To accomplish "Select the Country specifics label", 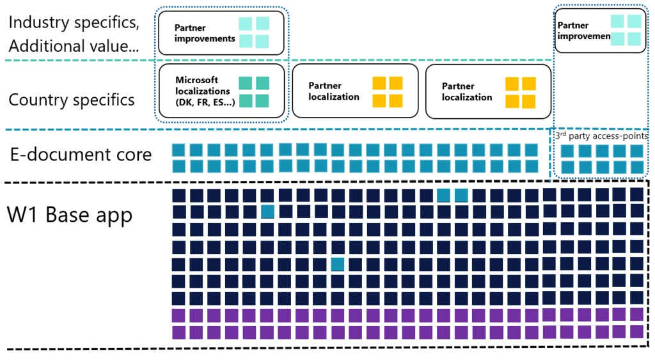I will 72,100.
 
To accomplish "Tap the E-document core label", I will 81,155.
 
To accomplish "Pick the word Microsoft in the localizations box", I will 197,80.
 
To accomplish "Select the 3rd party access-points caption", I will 600,136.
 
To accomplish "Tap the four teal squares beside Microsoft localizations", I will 254,92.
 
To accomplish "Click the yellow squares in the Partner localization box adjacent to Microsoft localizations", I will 388,92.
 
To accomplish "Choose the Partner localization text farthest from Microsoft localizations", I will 467,91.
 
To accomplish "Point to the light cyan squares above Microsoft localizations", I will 254,32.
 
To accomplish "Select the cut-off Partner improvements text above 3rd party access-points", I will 582,31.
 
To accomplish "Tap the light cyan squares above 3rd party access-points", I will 626,30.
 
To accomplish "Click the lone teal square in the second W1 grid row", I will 268,212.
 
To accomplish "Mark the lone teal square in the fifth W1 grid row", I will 338,263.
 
